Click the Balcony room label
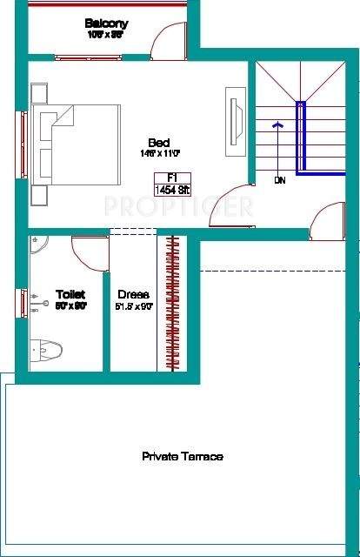(106, 23)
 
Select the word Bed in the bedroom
(158, 143)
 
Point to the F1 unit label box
(161, 177)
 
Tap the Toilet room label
(70, 294)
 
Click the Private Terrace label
(183, 456)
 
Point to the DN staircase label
(279, 181)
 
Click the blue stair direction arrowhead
(277, 124)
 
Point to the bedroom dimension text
(158, 154)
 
